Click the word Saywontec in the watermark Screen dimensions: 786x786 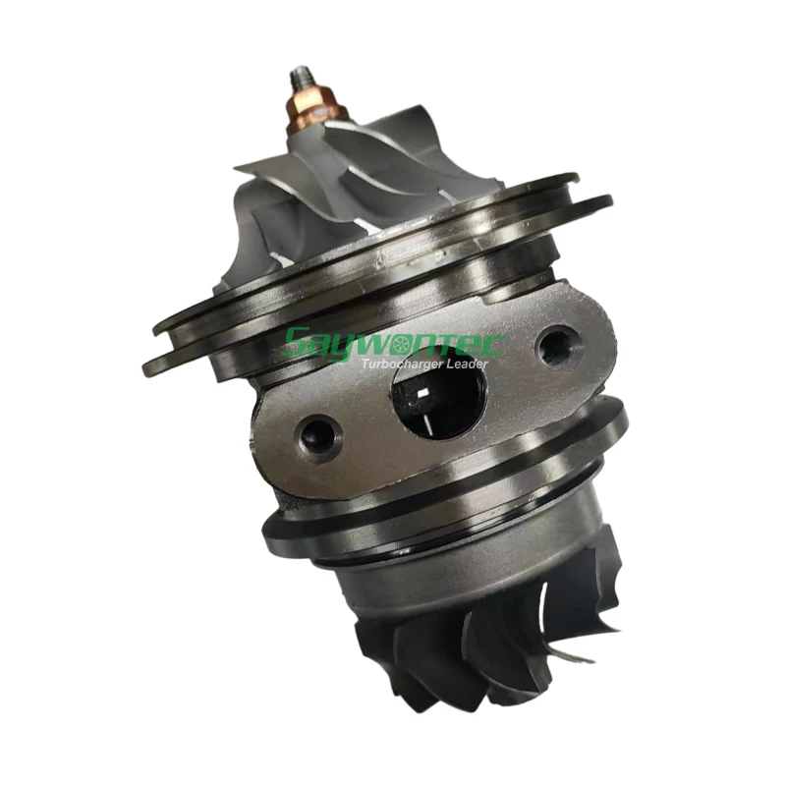(x=393, y=344)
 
